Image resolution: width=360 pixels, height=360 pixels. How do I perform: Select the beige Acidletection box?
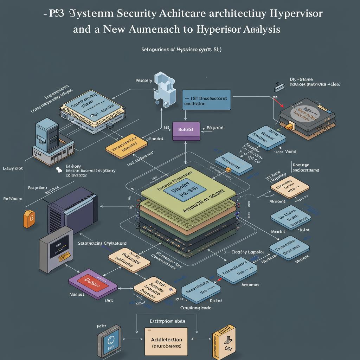point(166,342)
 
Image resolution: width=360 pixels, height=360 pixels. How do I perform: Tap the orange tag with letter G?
point(28,219)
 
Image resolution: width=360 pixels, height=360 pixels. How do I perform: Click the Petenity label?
point(144,81)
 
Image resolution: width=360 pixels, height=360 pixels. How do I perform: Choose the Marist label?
point(278,232)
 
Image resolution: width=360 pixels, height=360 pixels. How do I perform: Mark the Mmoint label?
point(278,201)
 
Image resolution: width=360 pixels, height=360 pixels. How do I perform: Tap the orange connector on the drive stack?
point(290,126)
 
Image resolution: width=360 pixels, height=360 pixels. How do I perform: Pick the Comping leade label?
point(196,308)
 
